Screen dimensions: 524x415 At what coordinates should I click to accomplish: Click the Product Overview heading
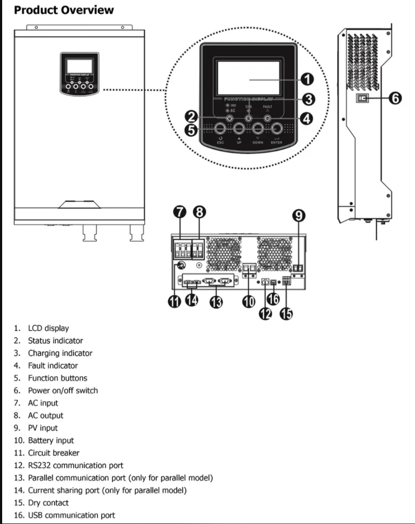click(x=64, y=10)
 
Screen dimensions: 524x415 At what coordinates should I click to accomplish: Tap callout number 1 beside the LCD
click(x=307, y=79)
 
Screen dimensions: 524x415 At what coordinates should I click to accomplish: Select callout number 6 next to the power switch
click(x=395, y=98)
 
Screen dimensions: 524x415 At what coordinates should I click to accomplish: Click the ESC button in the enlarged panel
click(x=220, y=129)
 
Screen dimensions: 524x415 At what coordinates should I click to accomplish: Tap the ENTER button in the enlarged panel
click(x=277, y=129)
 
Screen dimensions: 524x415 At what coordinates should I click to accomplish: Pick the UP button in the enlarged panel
click(x=239, y=129)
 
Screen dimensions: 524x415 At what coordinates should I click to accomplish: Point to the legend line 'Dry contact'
click(x=48, y=503)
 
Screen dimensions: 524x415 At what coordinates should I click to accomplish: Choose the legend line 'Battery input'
click(x=51, y=440)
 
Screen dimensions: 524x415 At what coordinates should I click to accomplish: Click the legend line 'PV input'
click(x=43, y=428)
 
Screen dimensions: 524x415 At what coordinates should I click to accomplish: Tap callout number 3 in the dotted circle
click(x=308, y=99)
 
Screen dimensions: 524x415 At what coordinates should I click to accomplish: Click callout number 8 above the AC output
click(x=200, y=212)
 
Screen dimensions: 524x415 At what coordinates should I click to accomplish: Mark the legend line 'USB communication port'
click(x=71, y=515)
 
